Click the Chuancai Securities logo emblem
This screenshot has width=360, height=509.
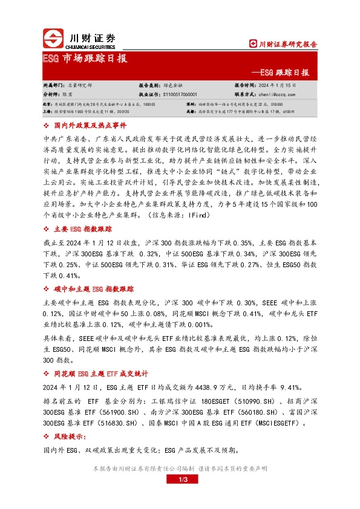point(53,39)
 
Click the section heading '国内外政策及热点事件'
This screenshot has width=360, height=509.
point(90,125)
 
